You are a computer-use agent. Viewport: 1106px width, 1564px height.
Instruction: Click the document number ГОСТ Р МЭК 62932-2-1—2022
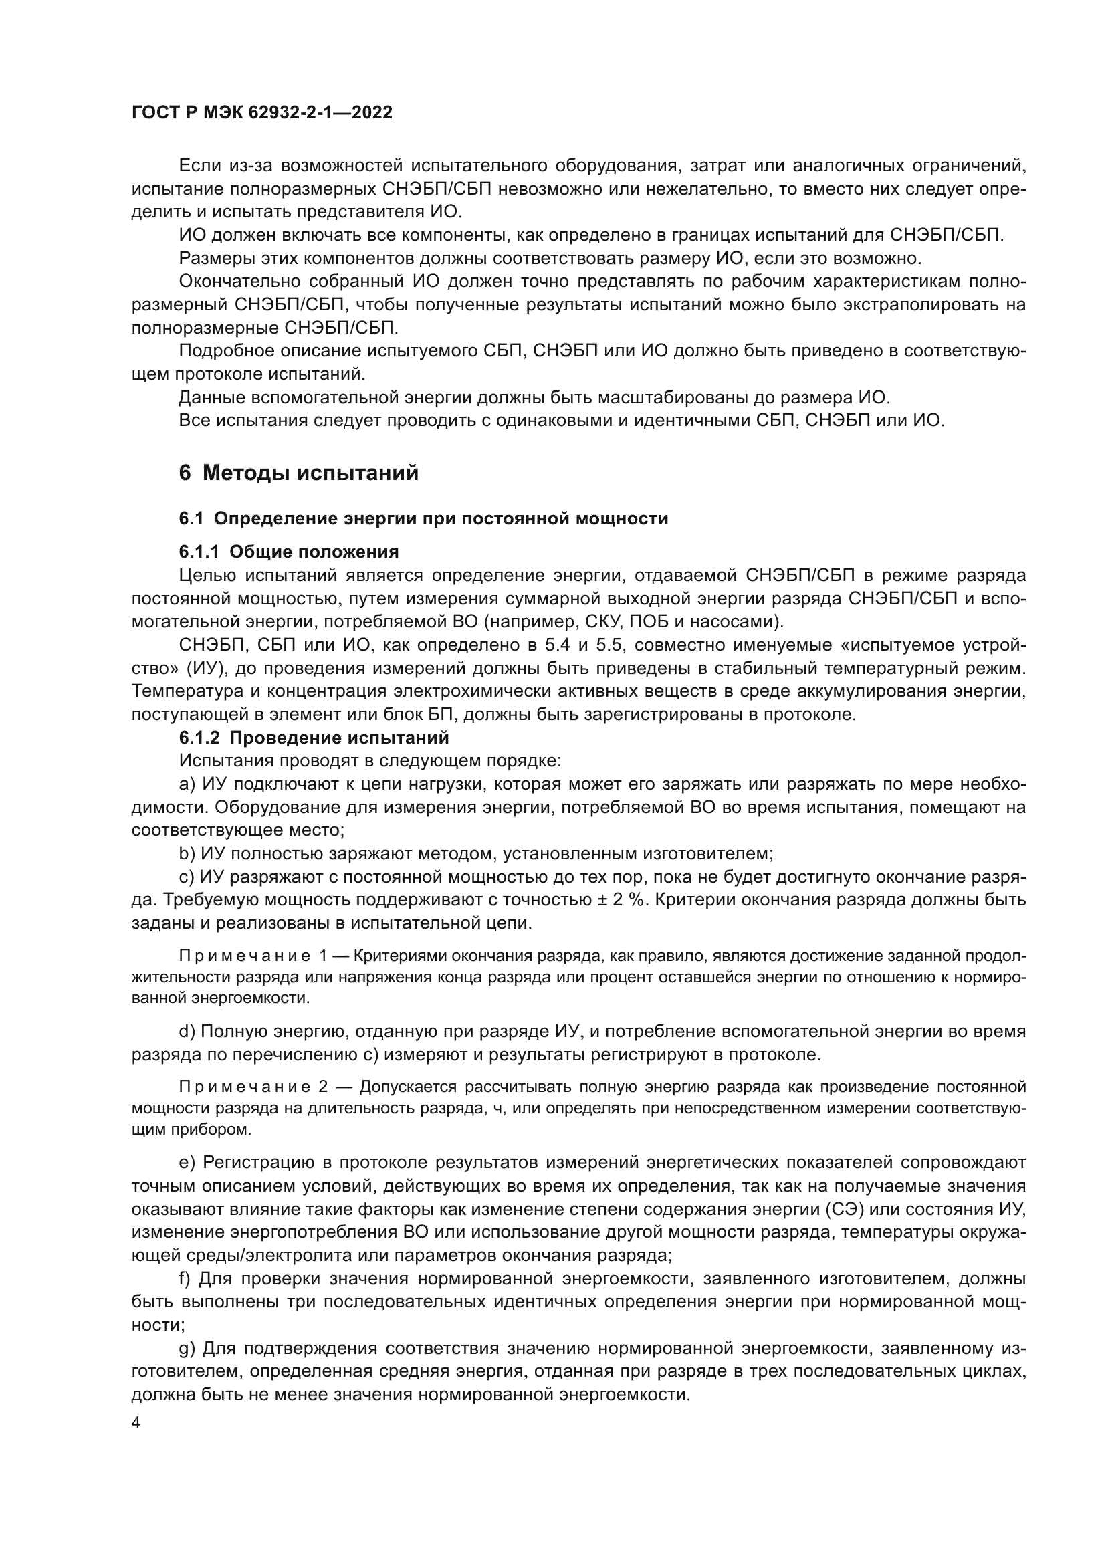click(262, 113)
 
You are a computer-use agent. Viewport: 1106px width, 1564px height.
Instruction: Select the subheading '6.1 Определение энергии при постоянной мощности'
click(423, 518)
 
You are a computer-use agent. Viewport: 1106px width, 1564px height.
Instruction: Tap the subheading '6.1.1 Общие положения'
click(289, 551)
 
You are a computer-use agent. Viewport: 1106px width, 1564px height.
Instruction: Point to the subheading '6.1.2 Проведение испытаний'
click(314, 738)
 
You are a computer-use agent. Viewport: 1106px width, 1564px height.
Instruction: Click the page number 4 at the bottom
click(136, 1424)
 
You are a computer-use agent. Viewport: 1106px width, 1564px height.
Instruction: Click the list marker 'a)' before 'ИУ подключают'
click(187, 785)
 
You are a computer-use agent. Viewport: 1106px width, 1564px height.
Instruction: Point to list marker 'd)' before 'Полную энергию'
click(187, 1031)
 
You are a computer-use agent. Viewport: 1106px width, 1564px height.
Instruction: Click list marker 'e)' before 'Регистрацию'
click(187, 1161)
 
